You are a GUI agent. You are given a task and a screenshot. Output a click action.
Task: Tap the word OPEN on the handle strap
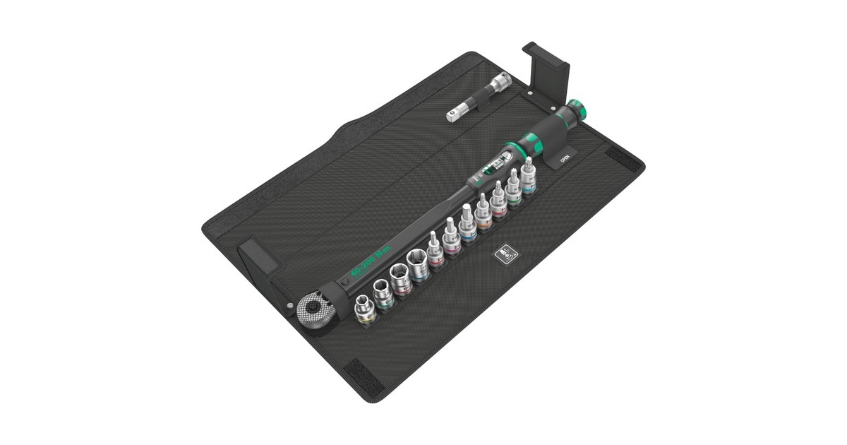[564, 159]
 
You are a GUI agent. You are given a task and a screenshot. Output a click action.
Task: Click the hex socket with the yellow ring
[365, 310]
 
